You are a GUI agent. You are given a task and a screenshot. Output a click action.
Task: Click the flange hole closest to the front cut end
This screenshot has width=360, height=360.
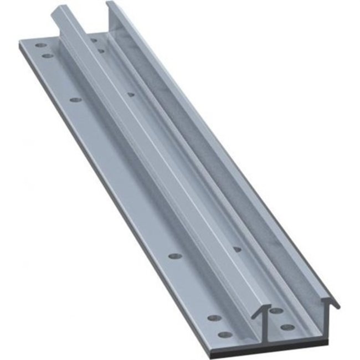coord(225,334)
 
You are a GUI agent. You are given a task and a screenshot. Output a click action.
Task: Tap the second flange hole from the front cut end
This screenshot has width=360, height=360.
coord(214,318)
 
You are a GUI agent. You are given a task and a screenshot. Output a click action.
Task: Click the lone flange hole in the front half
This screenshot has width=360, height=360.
coord(175,257)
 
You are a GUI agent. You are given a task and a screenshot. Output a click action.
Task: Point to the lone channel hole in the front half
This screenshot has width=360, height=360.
coord(237,249)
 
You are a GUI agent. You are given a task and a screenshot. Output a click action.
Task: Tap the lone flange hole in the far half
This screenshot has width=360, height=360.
coord(76,100)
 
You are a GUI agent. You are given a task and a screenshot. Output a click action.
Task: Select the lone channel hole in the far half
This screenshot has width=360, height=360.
coord(131,94)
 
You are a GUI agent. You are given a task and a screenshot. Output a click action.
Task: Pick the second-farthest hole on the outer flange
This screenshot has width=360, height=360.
coord(48,56)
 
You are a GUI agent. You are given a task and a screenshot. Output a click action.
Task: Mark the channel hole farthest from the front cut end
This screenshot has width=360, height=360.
coord(93,40)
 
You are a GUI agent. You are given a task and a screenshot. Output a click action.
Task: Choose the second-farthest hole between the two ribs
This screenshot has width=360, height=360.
coord(101,50)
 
